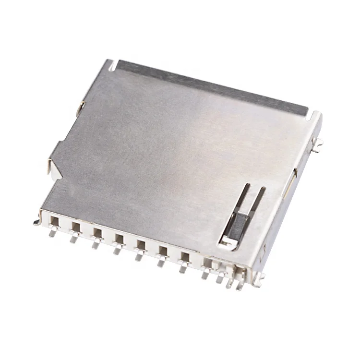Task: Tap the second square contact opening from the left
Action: pyautogui.click(x=75, y=227)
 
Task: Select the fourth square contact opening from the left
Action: pyautogui.click(x=119, y=237)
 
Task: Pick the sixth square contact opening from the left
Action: pyautogui.click(x=163, y=250)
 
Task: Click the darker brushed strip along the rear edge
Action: pyautogui.click(x=211, y=88)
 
